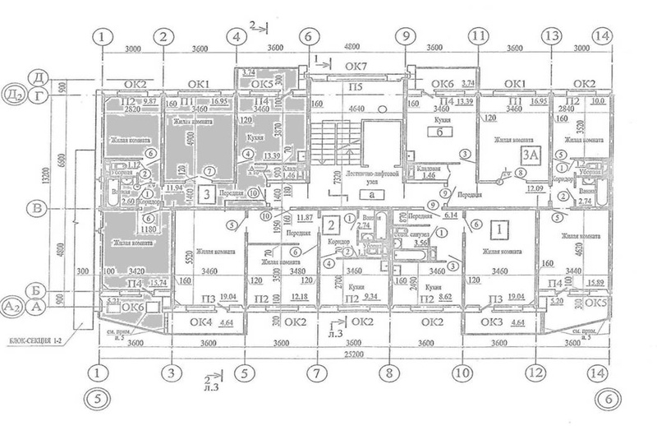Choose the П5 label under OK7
pyautogui.click(x=356, y=86)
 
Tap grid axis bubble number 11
pyautogui.click(x=478, y=36)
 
